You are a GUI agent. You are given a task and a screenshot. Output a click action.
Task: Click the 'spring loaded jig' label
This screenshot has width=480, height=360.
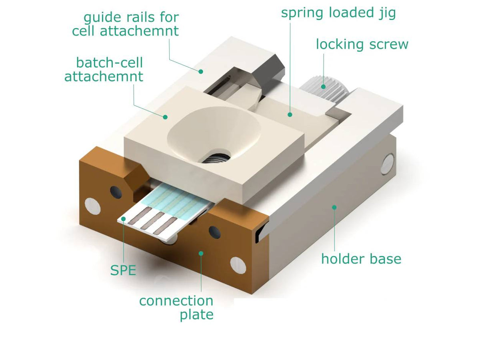click(x=338, y=13)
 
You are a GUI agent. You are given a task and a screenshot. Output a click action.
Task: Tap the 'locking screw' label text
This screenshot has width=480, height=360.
click(x=362, y=44)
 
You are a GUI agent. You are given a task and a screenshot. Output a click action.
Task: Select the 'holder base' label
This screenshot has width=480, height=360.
click(x=361, y=258)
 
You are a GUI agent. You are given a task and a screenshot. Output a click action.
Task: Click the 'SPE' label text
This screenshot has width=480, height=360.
click(x=123, y=270)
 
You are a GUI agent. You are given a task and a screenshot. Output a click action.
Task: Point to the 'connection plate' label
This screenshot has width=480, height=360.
click(x=176, y=307)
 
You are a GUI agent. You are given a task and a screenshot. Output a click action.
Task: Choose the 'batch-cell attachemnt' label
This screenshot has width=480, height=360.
click(x=104, y=69)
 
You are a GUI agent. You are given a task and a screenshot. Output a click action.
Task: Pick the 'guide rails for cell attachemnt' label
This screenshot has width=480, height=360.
click(x=125, y=24)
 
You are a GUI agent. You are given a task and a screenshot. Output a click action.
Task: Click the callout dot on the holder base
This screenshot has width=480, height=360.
click(x=334, y=207)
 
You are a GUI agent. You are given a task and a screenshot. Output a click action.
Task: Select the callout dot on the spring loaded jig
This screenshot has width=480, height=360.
click(x=290, y=115)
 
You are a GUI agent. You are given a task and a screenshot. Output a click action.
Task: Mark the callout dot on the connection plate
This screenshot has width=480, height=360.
click(x=201, y=253)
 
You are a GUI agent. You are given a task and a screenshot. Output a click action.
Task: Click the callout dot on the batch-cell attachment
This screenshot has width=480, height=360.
click(x=164, y=117)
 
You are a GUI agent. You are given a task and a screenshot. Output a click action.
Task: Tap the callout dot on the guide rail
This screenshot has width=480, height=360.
click(x=202, y=71)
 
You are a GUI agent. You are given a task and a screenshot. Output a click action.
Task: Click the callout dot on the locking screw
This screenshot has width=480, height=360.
click(x=324, y=85)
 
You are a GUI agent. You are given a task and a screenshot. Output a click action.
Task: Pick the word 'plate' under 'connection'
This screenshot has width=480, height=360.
click(x=196, y=315)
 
